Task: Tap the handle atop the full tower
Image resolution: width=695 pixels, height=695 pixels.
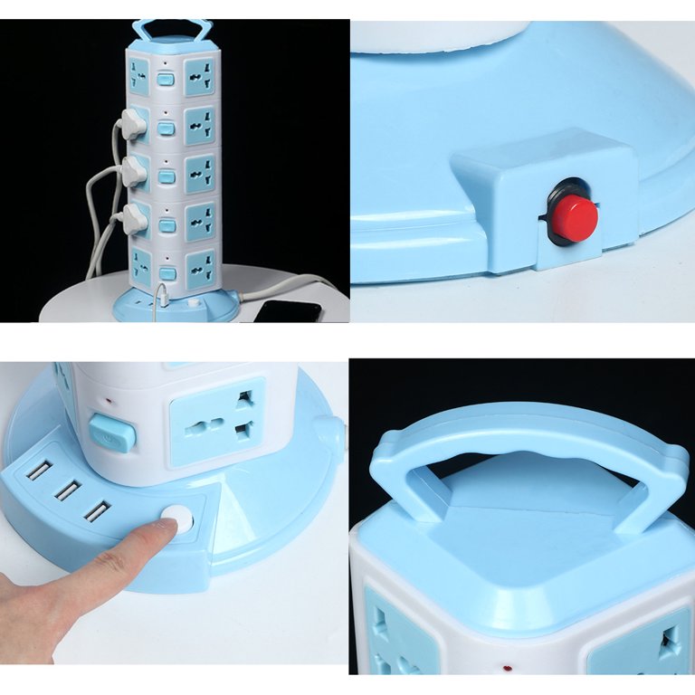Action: pyautogui.click(x=171, y=30)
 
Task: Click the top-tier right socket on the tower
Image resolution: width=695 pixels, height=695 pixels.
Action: pyautogui.click(x=201, y=76)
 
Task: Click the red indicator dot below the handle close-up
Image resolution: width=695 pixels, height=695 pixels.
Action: pyautogui.click(x=504, y=671)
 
